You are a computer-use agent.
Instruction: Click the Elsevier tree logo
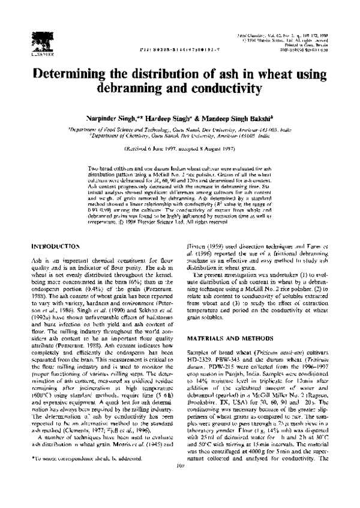(x=38, y=39)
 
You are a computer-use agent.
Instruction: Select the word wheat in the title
(x=279, y=74)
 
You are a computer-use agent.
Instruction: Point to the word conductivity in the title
(x=225, y=89)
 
